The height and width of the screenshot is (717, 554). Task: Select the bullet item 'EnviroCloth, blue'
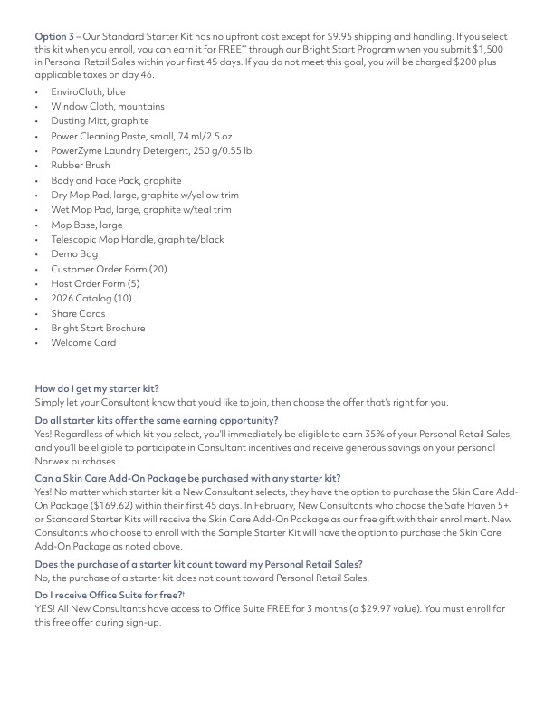(88, 91)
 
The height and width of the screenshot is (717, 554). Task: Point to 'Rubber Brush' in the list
(81, 166)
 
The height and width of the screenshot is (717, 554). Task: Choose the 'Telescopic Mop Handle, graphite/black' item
(137, 240)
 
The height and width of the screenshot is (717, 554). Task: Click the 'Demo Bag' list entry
(74, 254)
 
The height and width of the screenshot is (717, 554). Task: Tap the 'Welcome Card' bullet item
(83, 343)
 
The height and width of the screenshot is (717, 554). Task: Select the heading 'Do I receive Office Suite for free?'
(109, 593)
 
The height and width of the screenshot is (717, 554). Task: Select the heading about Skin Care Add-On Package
(187, 478)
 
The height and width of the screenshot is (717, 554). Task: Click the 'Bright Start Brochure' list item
(98, 329)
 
